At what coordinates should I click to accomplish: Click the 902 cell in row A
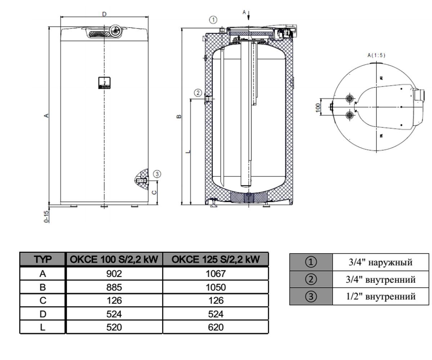pos(114,274)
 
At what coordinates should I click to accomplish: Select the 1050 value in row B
pos(216,287)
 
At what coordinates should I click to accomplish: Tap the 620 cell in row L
pos(216,327)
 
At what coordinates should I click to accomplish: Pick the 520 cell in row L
pos(114,327)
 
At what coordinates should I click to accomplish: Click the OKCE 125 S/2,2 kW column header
pos(216,259)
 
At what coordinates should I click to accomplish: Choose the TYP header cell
pos(42,260)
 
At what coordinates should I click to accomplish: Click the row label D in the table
pos(43,314)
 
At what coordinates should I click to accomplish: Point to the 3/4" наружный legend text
pos(381,262)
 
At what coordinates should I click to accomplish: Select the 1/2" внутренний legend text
pos(381,296)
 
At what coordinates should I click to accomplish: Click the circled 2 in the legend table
pos(311,279)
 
